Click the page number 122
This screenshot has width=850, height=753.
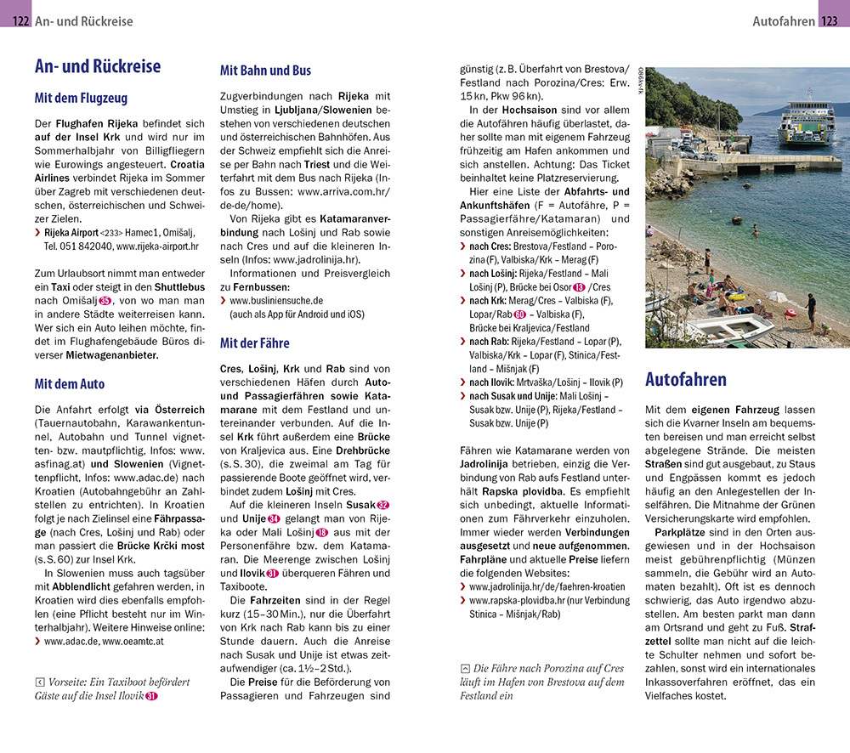point(21,21)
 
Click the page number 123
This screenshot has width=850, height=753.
point(828,21)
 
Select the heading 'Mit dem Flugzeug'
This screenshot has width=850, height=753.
point(80,98)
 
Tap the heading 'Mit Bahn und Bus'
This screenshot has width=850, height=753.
point(265,71)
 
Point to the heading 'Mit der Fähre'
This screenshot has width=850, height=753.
point(254,343)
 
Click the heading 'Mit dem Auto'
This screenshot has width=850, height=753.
point(70,383)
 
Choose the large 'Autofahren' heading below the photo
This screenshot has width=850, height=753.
point(686,379)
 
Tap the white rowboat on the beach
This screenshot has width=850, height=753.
point(729,326)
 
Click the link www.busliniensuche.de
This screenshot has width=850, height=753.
point(276,300)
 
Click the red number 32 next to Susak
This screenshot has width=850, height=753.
point(382,505)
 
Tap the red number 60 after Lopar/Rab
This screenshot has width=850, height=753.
point(519,314)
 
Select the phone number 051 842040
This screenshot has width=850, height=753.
point(79,246)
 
